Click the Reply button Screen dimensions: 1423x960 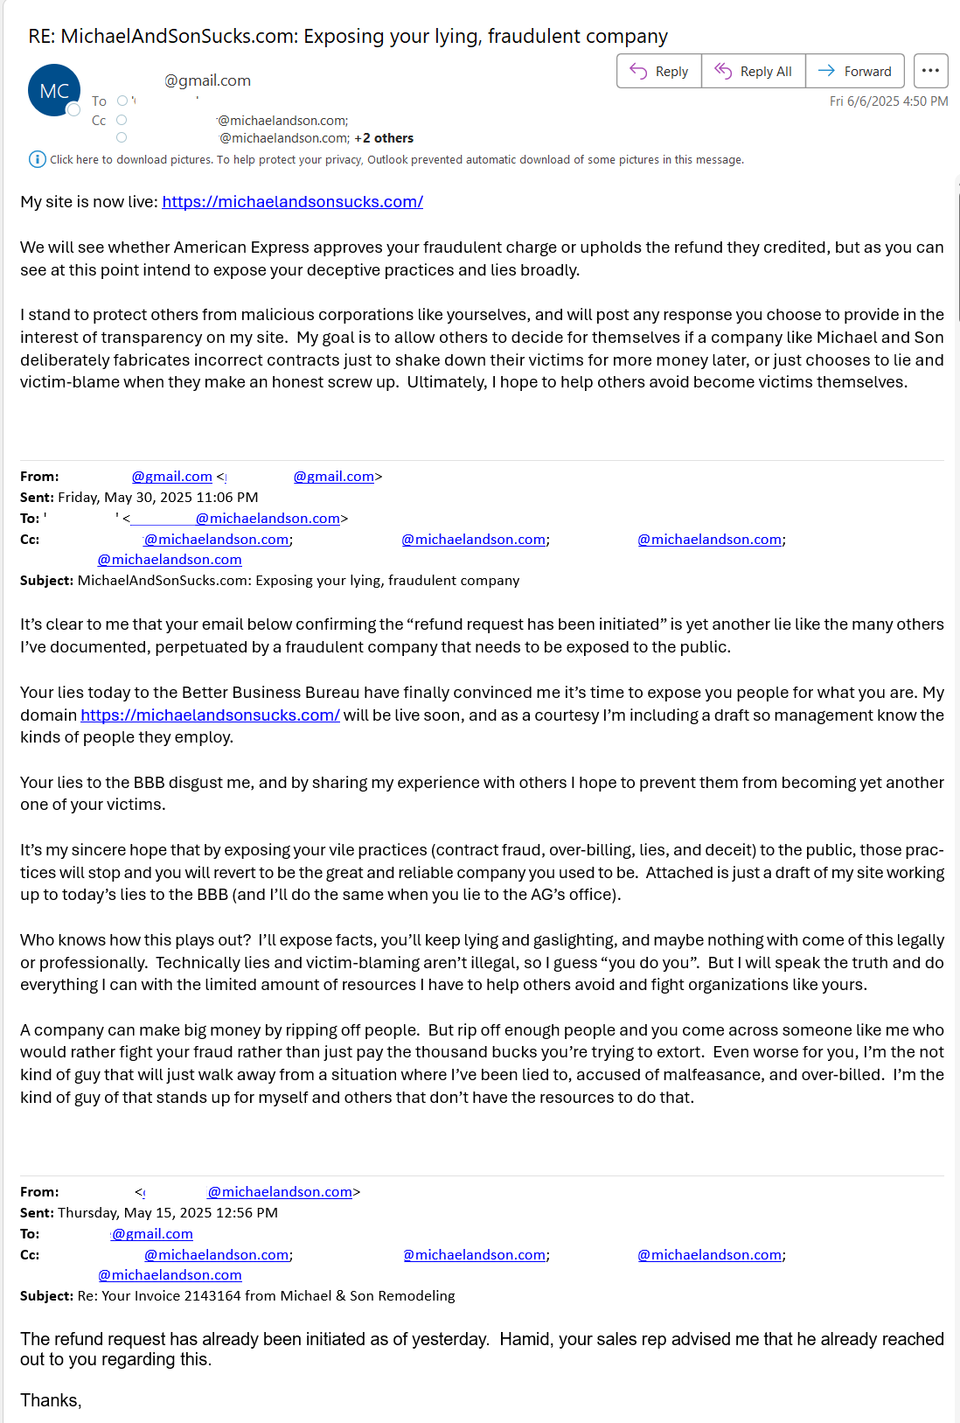pyautogui.click(x=659, y=72)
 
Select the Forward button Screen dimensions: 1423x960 pyautogui.click(x=854, y=72)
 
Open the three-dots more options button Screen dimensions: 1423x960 pyautogui.click(x=930, y=71)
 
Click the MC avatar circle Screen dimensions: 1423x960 pyautogui.click(x=54, y=91)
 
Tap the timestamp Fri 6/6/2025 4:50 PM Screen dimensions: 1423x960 pyautogui.click(x=888, y=101)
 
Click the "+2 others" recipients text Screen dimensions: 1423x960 pyautogui.click(x=384, y=138)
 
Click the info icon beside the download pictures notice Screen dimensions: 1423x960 pyautogui.click(x=37, y=159)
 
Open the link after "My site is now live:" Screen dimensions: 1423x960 pyautogui.click(x=292, y=202)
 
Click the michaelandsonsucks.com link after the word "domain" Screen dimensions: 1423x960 pyautogui.click(x=210, y=715)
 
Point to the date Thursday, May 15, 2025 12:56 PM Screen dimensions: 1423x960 pyautogui.click(x=167, y=1213)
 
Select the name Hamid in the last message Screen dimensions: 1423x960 pyautogui.click(x=525, y=1340)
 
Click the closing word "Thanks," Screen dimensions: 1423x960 pyautogui.click(x=51, y=1401)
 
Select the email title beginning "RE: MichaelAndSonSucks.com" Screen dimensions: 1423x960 pyautogui.click(x=348, y=37)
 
